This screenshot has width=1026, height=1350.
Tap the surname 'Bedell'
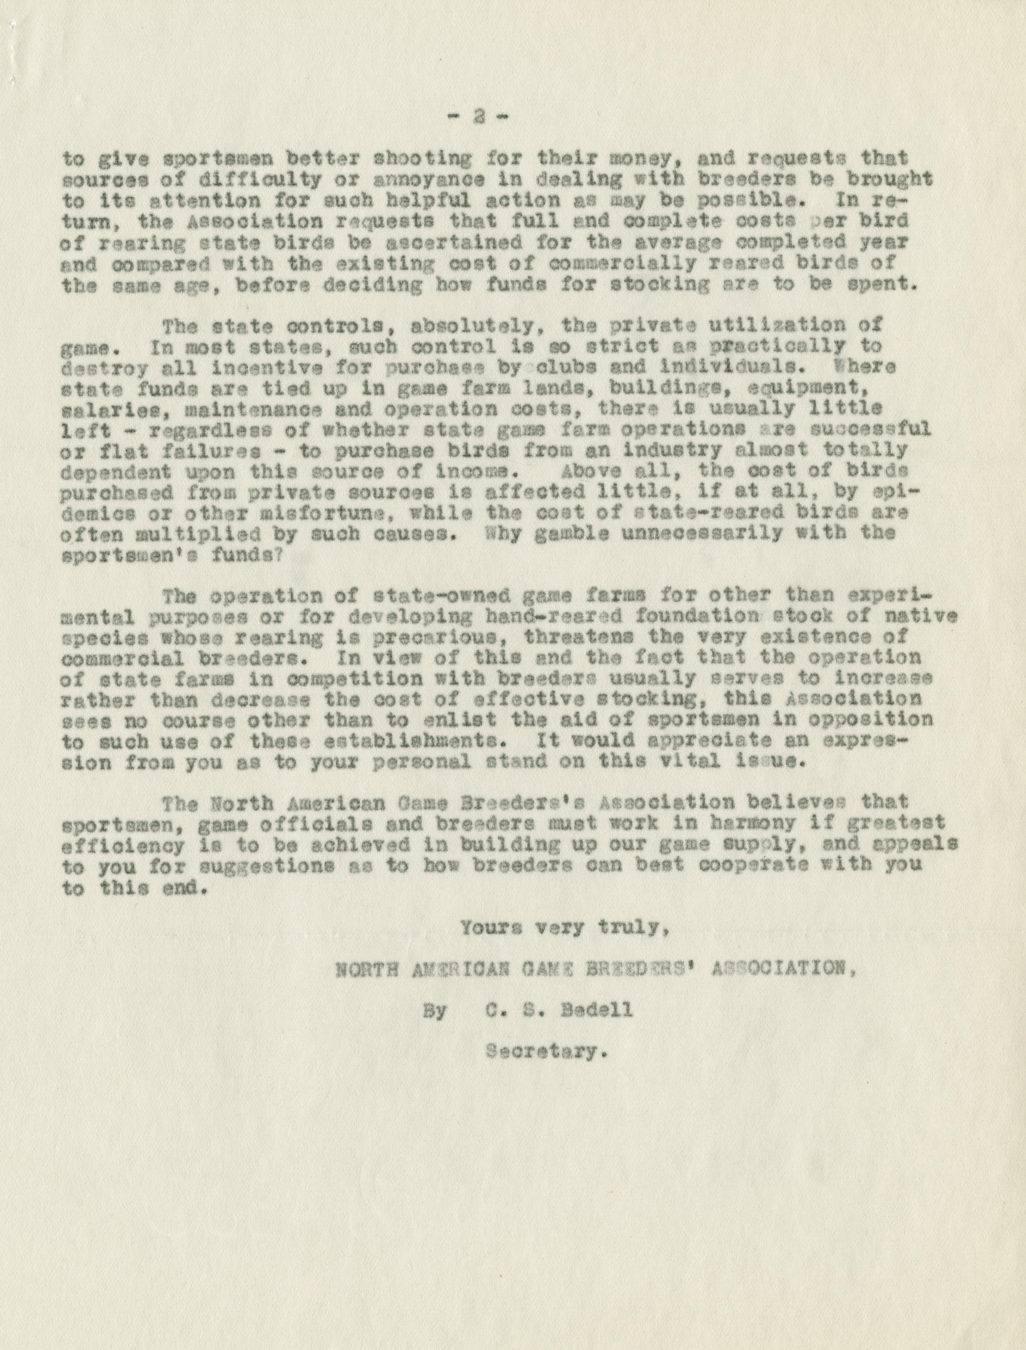pos(597,1011)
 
